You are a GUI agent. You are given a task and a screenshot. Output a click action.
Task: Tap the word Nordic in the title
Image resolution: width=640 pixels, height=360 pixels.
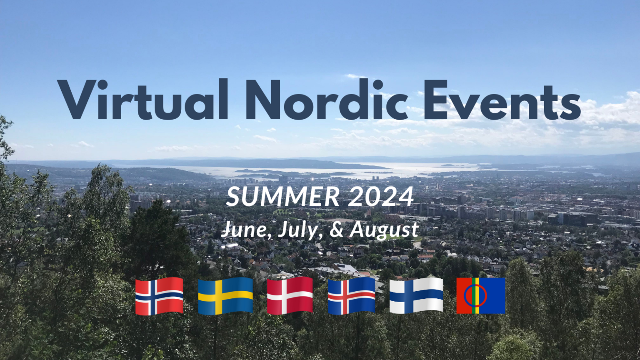point(327,99)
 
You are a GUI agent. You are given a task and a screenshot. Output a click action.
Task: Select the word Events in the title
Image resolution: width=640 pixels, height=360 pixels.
point(502,100)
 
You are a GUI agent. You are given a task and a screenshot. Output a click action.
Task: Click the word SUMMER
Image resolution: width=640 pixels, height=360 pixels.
point(283,197)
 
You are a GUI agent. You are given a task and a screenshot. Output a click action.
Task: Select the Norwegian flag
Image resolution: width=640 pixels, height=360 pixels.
point(159,296)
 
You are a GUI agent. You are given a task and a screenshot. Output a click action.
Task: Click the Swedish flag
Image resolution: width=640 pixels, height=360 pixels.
point(225,296)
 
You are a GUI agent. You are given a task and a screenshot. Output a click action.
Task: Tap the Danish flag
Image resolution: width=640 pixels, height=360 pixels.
point(290,295)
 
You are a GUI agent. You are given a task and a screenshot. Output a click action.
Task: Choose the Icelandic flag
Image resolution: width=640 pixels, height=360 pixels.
point(351,296)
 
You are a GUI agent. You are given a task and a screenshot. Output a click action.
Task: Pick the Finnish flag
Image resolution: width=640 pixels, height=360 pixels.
point(416,296)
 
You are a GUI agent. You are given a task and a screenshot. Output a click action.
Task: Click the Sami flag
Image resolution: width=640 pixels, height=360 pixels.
point(481,296)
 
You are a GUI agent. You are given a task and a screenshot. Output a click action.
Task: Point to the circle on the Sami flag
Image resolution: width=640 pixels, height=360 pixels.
point(464,296)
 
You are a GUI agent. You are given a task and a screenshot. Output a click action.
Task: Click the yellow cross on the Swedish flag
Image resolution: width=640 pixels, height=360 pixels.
point(219,296)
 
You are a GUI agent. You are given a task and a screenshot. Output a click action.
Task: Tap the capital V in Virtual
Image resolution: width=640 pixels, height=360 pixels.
point(77,100)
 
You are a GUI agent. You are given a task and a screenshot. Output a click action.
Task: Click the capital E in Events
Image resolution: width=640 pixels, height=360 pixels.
point(435,100)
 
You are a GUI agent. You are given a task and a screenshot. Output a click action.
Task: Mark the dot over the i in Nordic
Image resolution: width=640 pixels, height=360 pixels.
point(378,85)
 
